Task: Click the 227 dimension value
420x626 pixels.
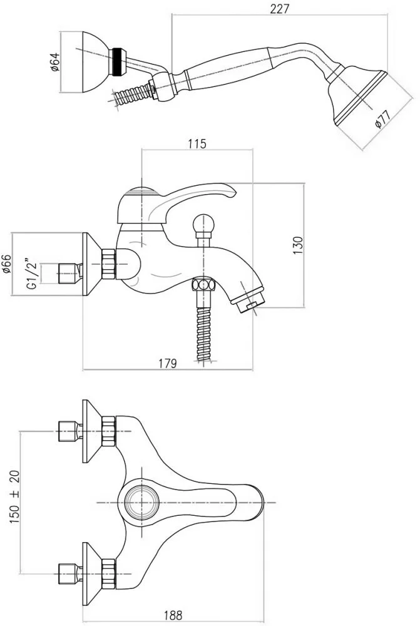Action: coord(279,8)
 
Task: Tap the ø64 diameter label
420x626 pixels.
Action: coord(54,62)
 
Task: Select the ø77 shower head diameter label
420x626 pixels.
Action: coord(382,118)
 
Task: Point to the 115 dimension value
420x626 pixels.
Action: coord(197,143)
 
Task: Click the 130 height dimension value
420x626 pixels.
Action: coord(297,245)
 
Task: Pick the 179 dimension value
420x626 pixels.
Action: coord(167,363)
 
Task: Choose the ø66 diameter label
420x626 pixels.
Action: coord(7,264)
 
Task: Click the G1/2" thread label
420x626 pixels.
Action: coord(32,274)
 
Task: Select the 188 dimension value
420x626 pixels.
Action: coord(173,615)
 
